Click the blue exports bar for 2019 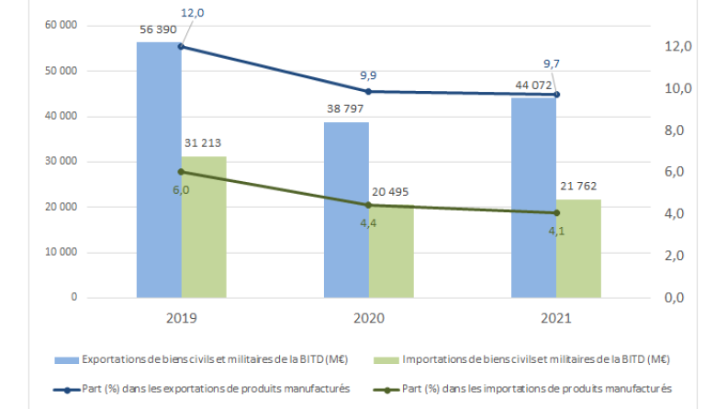point(158,170)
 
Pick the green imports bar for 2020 point(391,253)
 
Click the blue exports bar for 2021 point(533,198)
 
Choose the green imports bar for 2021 point(578,249)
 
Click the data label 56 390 point(158,28)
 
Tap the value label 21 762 point(579,186)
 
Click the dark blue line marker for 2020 point(368,91)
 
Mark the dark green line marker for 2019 point(181,172)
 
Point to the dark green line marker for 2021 point(556,213)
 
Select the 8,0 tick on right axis point(677,131)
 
